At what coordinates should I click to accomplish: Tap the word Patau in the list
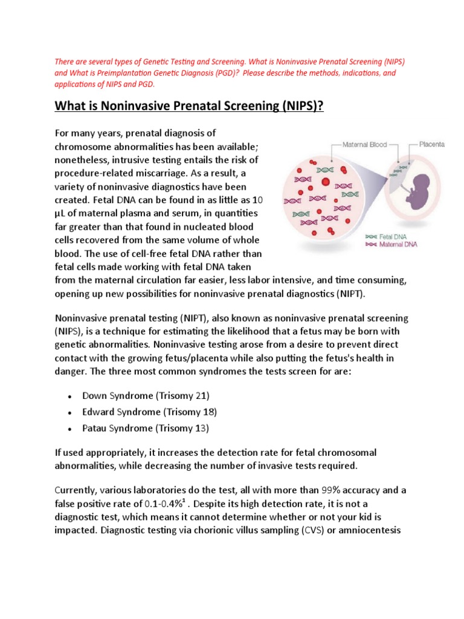pos(95,429)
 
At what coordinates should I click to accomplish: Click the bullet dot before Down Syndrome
pos(71,396)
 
